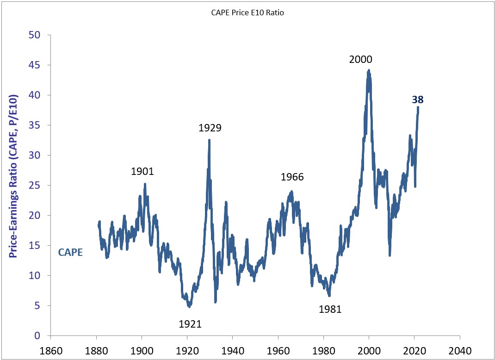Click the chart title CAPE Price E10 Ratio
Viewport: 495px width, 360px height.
tap(247, 13)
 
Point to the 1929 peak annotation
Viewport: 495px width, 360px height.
tap(210, 128)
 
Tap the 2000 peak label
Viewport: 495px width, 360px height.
tap(360, 59)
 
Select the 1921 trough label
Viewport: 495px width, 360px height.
tap(190, 324)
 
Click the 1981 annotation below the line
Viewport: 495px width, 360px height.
tap(330, 309)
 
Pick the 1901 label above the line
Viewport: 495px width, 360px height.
tap(142, 172)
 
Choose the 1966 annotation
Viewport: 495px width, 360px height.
tap(292, 177)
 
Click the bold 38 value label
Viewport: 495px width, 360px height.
tap(418, 100)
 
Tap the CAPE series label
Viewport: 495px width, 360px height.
tap(70, 253)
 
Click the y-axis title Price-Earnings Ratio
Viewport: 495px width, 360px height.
tap(13, 176)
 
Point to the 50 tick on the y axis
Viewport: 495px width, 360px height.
tap(35, 35)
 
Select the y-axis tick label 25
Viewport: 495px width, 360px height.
tap(35, 186)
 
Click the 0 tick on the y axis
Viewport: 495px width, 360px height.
tap(38, 335)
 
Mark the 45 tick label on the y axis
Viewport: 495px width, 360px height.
tap(35, 65)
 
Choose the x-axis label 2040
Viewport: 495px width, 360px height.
tap(460, 351)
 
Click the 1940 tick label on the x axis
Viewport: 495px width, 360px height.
tap(232, 351)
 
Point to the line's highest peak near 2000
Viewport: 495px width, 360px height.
tap(368, 70)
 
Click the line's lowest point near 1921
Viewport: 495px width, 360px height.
tap(189, 306)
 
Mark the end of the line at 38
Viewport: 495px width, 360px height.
tap(418, 107)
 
